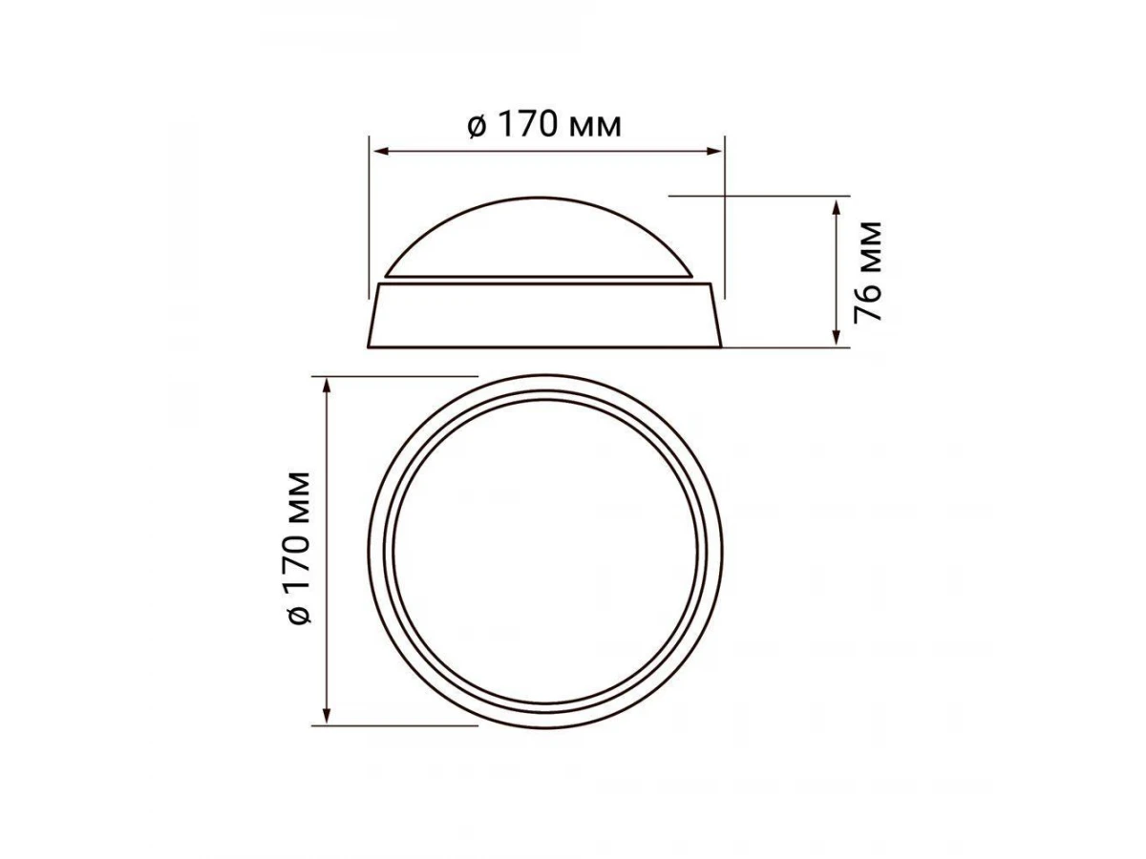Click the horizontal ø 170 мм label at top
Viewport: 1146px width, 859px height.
point(544,126)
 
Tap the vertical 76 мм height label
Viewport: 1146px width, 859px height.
point(867,271)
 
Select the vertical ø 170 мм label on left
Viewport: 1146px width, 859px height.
point(299,547)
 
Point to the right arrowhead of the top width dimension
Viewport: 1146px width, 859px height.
point(713,152)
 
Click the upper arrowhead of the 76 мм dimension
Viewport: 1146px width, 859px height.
point(837,207)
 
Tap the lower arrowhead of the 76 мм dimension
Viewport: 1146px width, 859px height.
point(837,338)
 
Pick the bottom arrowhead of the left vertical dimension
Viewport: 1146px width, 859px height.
point(327,715)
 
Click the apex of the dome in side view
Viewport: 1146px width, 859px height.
point(540,198)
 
